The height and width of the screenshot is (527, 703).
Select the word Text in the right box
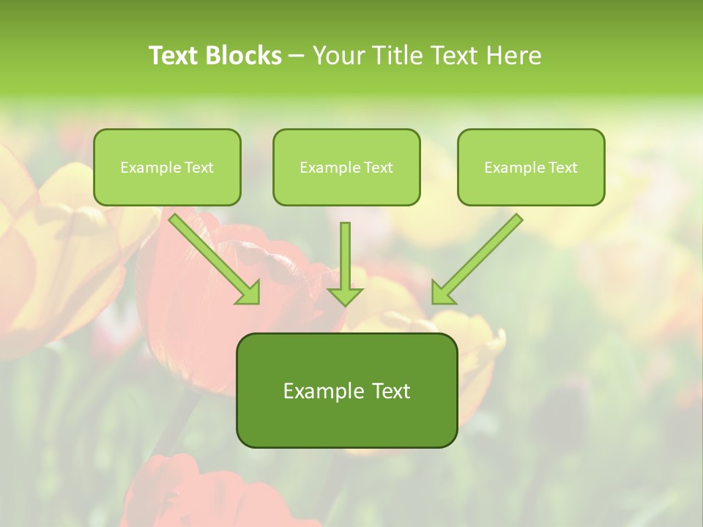click(562, 168)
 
